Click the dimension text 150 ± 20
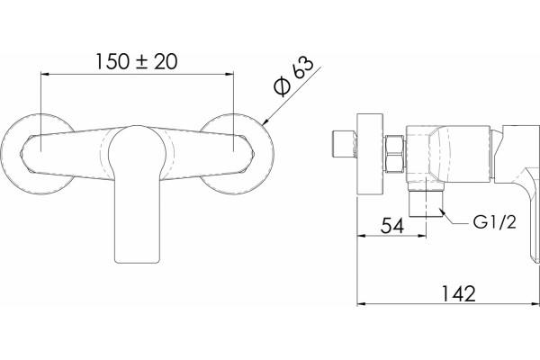coord(137,61)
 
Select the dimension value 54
coord(391,226)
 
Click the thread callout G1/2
coord(494,222)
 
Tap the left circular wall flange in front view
coord(10,154)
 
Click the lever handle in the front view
coord(138,194)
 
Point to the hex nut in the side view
coord(395,154)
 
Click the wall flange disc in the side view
coord(370,154)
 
